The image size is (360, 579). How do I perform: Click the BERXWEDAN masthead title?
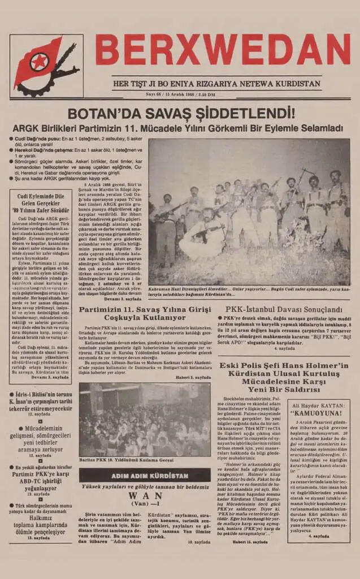pyautogui.click(x=222, y=50)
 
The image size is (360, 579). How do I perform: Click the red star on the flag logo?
pyautogui.click(x=40, y=61)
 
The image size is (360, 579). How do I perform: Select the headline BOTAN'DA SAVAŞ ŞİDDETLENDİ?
pyautogui.click(x=181, y=113)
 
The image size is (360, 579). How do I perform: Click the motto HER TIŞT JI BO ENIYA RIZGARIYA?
pyautogui.click(x=216, y=84)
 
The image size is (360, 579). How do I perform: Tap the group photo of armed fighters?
pyautogui.click(x=249, y=212)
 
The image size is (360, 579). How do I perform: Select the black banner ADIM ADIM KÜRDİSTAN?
pyautogui.click(x=144, y=476)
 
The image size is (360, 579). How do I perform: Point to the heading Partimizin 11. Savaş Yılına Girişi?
pyautogui.click(x=144, y=310)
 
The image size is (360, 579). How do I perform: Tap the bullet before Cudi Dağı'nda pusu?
pyautogui.click(x=12, y=139)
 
